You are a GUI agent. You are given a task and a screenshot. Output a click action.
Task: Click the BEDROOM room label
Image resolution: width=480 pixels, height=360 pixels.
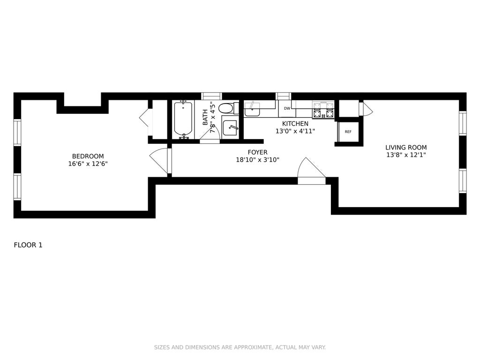pos(88,157)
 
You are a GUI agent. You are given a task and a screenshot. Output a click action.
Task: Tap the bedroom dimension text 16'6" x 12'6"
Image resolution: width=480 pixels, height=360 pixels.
pos(88,164)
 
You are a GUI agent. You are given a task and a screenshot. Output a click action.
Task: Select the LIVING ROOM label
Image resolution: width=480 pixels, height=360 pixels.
pos(406,148)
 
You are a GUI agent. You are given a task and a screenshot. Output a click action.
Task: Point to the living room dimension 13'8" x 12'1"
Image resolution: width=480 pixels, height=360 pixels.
pos(406,155)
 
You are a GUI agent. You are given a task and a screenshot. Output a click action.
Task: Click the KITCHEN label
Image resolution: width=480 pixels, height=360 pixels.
pos(295,124)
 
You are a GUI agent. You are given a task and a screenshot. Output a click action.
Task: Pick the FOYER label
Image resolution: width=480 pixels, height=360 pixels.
pos(257,152)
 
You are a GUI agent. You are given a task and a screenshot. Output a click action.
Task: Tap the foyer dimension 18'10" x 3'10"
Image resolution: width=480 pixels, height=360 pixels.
pos(257,159)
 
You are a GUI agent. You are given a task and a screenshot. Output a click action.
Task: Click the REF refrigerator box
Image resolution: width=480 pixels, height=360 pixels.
pos(348,132)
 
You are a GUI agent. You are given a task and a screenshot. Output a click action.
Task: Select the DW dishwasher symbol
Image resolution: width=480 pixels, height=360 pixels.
pos(287,108)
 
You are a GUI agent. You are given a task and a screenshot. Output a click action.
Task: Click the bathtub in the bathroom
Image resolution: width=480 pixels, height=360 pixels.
pos(183,120)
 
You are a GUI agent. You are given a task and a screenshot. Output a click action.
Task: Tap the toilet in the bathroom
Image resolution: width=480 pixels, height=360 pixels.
pos(229,108)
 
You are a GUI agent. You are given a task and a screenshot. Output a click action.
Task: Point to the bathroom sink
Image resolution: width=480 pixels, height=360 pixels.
pos(230,128)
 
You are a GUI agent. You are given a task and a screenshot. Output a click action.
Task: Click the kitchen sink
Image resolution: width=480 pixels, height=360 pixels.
pos(252,109)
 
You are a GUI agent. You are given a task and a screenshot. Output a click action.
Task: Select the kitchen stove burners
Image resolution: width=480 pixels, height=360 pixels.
pos(322,110)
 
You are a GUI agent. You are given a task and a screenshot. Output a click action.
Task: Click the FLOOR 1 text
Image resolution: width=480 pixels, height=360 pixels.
pos(28,245)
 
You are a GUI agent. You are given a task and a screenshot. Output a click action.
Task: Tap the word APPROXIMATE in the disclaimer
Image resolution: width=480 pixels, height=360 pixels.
pos(252,347)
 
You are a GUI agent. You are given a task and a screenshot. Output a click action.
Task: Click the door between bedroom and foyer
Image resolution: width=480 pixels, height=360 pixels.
pos(159,161)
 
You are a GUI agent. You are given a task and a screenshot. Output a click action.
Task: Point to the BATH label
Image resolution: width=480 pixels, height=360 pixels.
pos(205,117)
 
